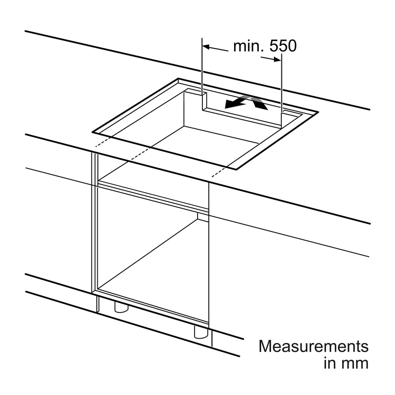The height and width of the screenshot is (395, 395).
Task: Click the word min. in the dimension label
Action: tap(249, 46)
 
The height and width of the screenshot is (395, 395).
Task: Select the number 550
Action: tap(283, 46)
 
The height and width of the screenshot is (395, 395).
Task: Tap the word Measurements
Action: tap(314, 346)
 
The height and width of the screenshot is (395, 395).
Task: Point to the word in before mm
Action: tap(330, 362)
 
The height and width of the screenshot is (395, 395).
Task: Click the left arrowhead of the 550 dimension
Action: tap(206, 47)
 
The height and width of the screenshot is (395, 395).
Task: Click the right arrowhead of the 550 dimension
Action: tap(277, 59)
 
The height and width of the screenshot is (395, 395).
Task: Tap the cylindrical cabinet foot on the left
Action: tap(121, 307)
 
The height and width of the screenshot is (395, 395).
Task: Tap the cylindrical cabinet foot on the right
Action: tap(201, 332)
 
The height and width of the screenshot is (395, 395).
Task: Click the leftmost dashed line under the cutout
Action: tap(103, 142)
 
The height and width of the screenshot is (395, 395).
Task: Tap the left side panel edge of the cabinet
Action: tap(95, 222)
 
